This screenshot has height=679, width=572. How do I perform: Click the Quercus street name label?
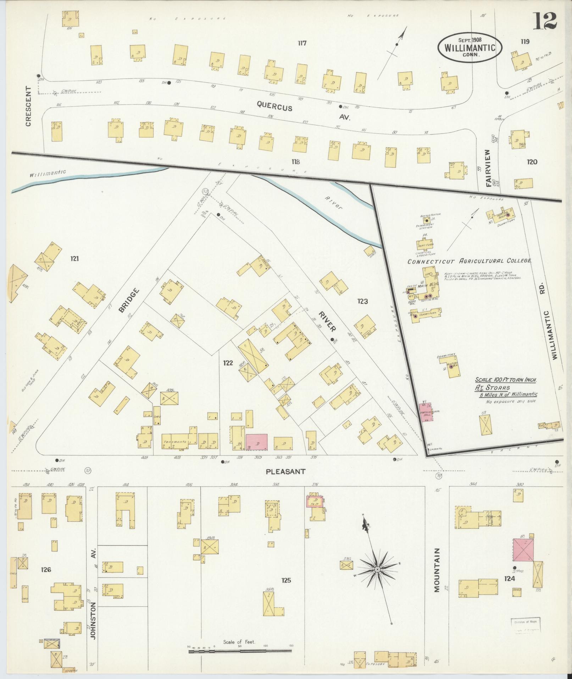275,105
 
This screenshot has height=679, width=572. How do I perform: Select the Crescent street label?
28,106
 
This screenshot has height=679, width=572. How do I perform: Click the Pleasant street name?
285,471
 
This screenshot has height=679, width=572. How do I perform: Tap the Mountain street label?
437,575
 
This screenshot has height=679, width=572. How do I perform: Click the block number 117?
302,43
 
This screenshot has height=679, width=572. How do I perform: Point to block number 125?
286,580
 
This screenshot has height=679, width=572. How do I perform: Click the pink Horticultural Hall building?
426,412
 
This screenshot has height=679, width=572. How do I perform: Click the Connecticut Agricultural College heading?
469,261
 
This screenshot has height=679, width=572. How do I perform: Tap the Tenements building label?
175,442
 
